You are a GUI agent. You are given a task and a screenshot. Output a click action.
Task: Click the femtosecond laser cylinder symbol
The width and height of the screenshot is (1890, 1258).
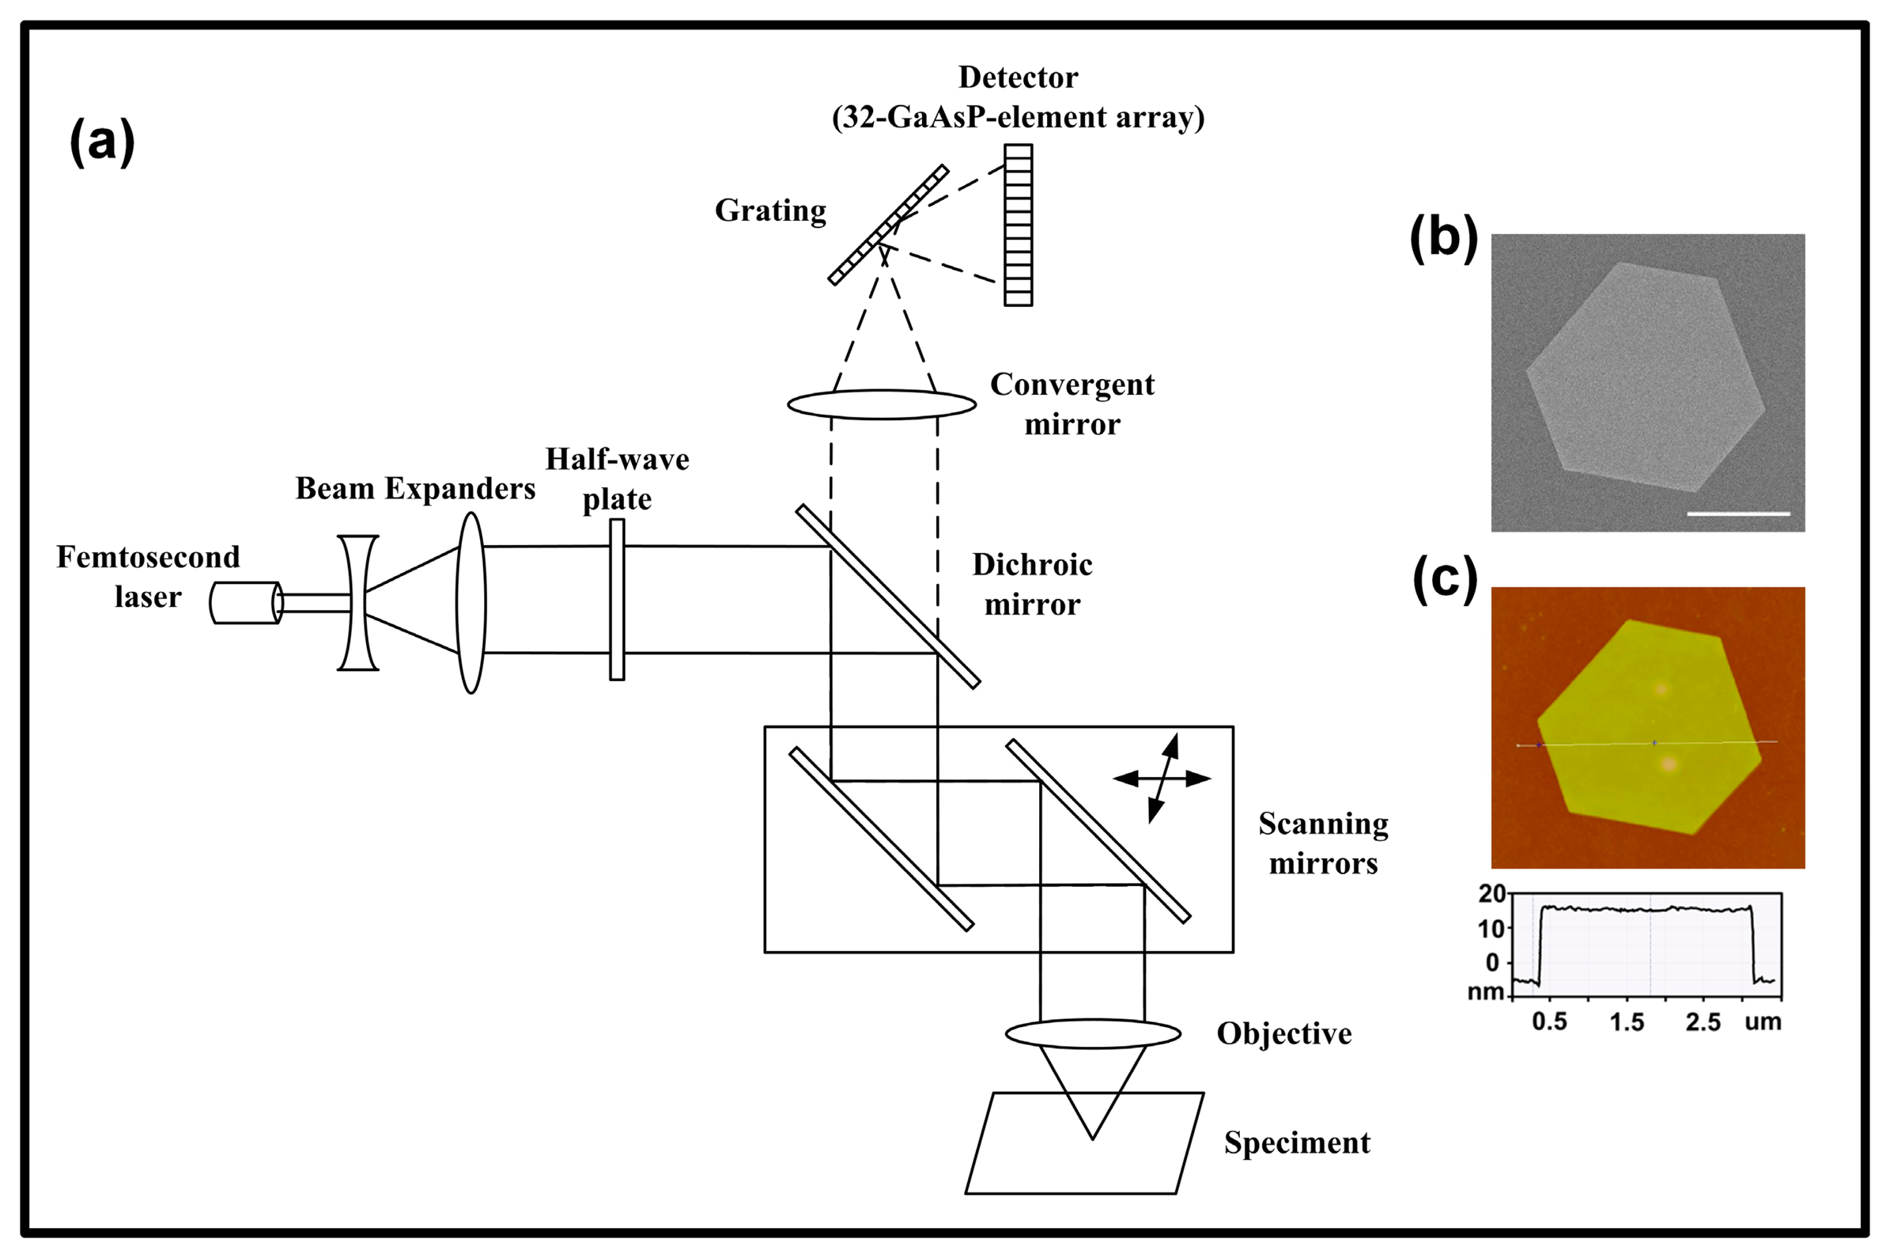point(245,603)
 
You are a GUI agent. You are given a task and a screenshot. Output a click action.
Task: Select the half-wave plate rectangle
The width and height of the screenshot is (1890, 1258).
point(617,599)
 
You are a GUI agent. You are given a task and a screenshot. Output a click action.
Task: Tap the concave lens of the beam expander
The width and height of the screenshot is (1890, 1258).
point(357,603)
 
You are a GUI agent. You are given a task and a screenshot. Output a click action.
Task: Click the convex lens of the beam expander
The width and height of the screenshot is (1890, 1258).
point(471,603)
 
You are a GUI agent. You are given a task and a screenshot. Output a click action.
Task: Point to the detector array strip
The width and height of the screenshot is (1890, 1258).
point(1019,225)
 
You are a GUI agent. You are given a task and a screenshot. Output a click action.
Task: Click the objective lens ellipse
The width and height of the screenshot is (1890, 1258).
point(1093,1033)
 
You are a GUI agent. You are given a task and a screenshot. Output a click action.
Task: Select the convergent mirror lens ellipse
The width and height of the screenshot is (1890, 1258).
point(881,404)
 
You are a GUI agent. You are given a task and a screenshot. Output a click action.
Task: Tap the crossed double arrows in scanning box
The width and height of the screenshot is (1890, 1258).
point(1162,779)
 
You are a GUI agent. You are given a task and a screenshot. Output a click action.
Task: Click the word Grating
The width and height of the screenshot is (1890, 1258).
point(769,211)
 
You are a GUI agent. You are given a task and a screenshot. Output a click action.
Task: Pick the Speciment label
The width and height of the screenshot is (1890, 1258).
point(1297,1142)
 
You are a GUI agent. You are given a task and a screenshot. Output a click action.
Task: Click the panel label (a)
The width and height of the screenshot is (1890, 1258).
point(102,142)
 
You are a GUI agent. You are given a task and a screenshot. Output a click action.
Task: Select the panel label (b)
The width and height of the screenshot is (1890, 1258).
point(1443,238)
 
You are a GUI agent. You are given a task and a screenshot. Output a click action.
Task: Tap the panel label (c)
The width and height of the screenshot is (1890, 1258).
point(1444,578)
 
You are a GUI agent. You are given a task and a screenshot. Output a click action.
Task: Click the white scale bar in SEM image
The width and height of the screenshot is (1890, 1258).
point(1738,513)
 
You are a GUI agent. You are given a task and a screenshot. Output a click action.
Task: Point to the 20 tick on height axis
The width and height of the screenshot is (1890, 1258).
point(1491,894)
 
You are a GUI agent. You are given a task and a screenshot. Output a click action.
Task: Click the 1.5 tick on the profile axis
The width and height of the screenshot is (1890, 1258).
point(1627,1022)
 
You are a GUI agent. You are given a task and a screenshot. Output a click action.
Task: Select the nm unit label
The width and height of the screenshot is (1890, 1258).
point(1485,992)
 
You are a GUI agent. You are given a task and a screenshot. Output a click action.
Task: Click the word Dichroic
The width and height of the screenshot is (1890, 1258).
point(1032,565)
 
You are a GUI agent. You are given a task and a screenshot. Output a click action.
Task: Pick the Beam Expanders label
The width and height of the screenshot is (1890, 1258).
point(415,489)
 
